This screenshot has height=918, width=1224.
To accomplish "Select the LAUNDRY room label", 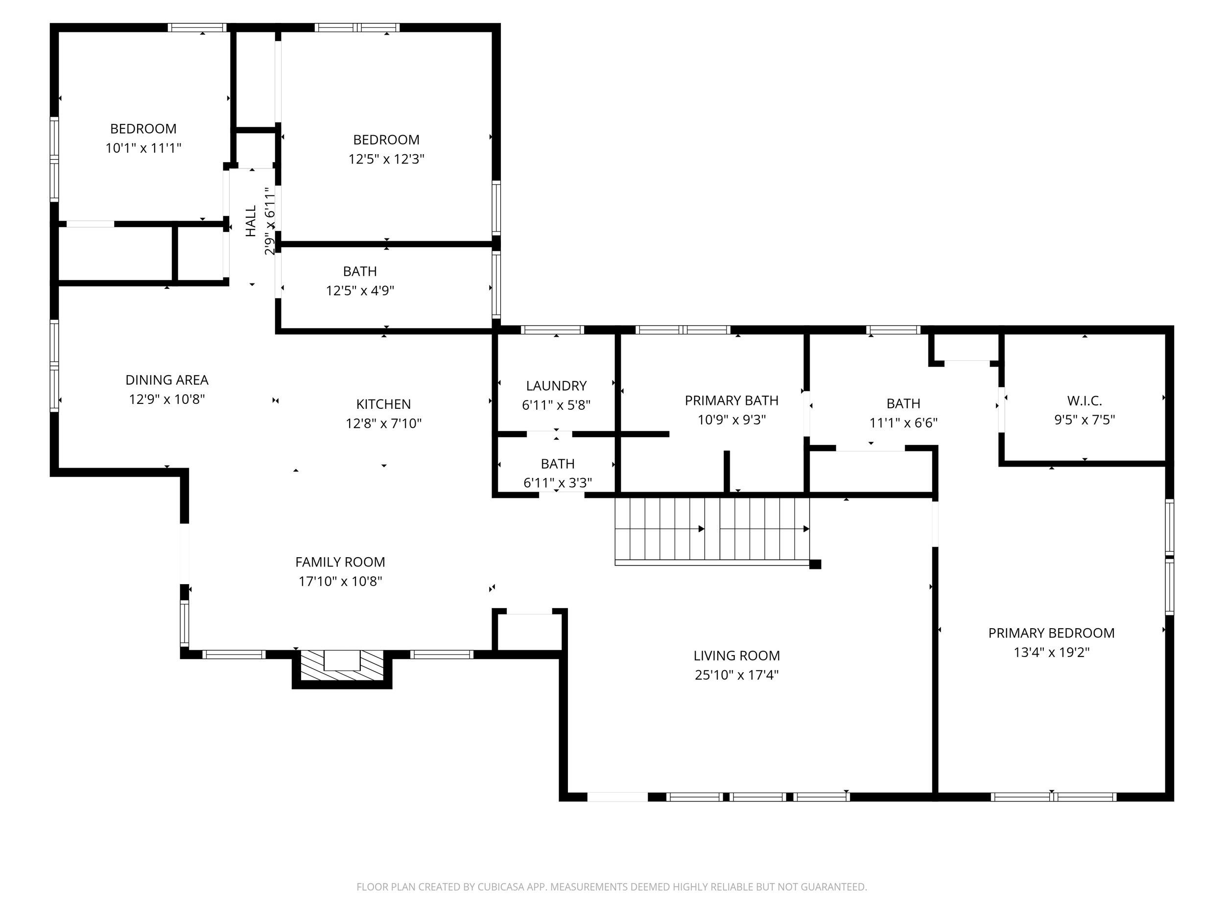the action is tap(556, 386).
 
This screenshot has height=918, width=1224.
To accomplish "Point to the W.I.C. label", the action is tap(1084, 400).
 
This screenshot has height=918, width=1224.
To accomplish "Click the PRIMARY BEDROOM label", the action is tap(1051, 633).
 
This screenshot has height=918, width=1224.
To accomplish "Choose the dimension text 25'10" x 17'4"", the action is tap(736, 675).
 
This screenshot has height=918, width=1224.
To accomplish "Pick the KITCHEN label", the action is tap(383, 404).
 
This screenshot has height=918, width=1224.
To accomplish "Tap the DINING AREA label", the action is tap(166, 380).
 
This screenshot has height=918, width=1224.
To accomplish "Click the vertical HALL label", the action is tap(251, 221).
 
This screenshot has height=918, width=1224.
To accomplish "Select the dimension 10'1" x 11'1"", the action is tap(143, 148).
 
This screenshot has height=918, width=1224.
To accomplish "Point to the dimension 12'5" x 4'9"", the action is tap(360, 290).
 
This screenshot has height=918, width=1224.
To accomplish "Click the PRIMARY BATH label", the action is tap(731, 400).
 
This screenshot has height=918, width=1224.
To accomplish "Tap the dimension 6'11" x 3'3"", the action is tap(557, 483).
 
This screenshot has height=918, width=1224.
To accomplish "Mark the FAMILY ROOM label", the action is tap(340, 562).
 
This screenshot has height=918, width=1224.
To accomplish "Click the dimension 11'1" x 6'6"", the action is tap(903, 423).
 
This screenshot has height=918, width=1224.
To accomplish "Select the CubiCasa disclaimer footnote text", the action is tap(612, 887).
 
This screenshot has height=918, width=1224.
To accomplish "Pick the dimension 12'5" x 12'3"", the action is tap(386, 159).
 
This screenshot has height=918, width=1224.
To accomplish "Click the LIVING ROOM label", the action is tap(736, 656).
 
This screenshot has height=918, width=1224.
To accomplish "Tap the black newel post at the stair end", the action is tap(815, 565).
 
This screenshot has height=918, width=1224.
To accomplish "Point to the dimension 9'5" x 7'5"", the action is tap(1084, 420).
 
